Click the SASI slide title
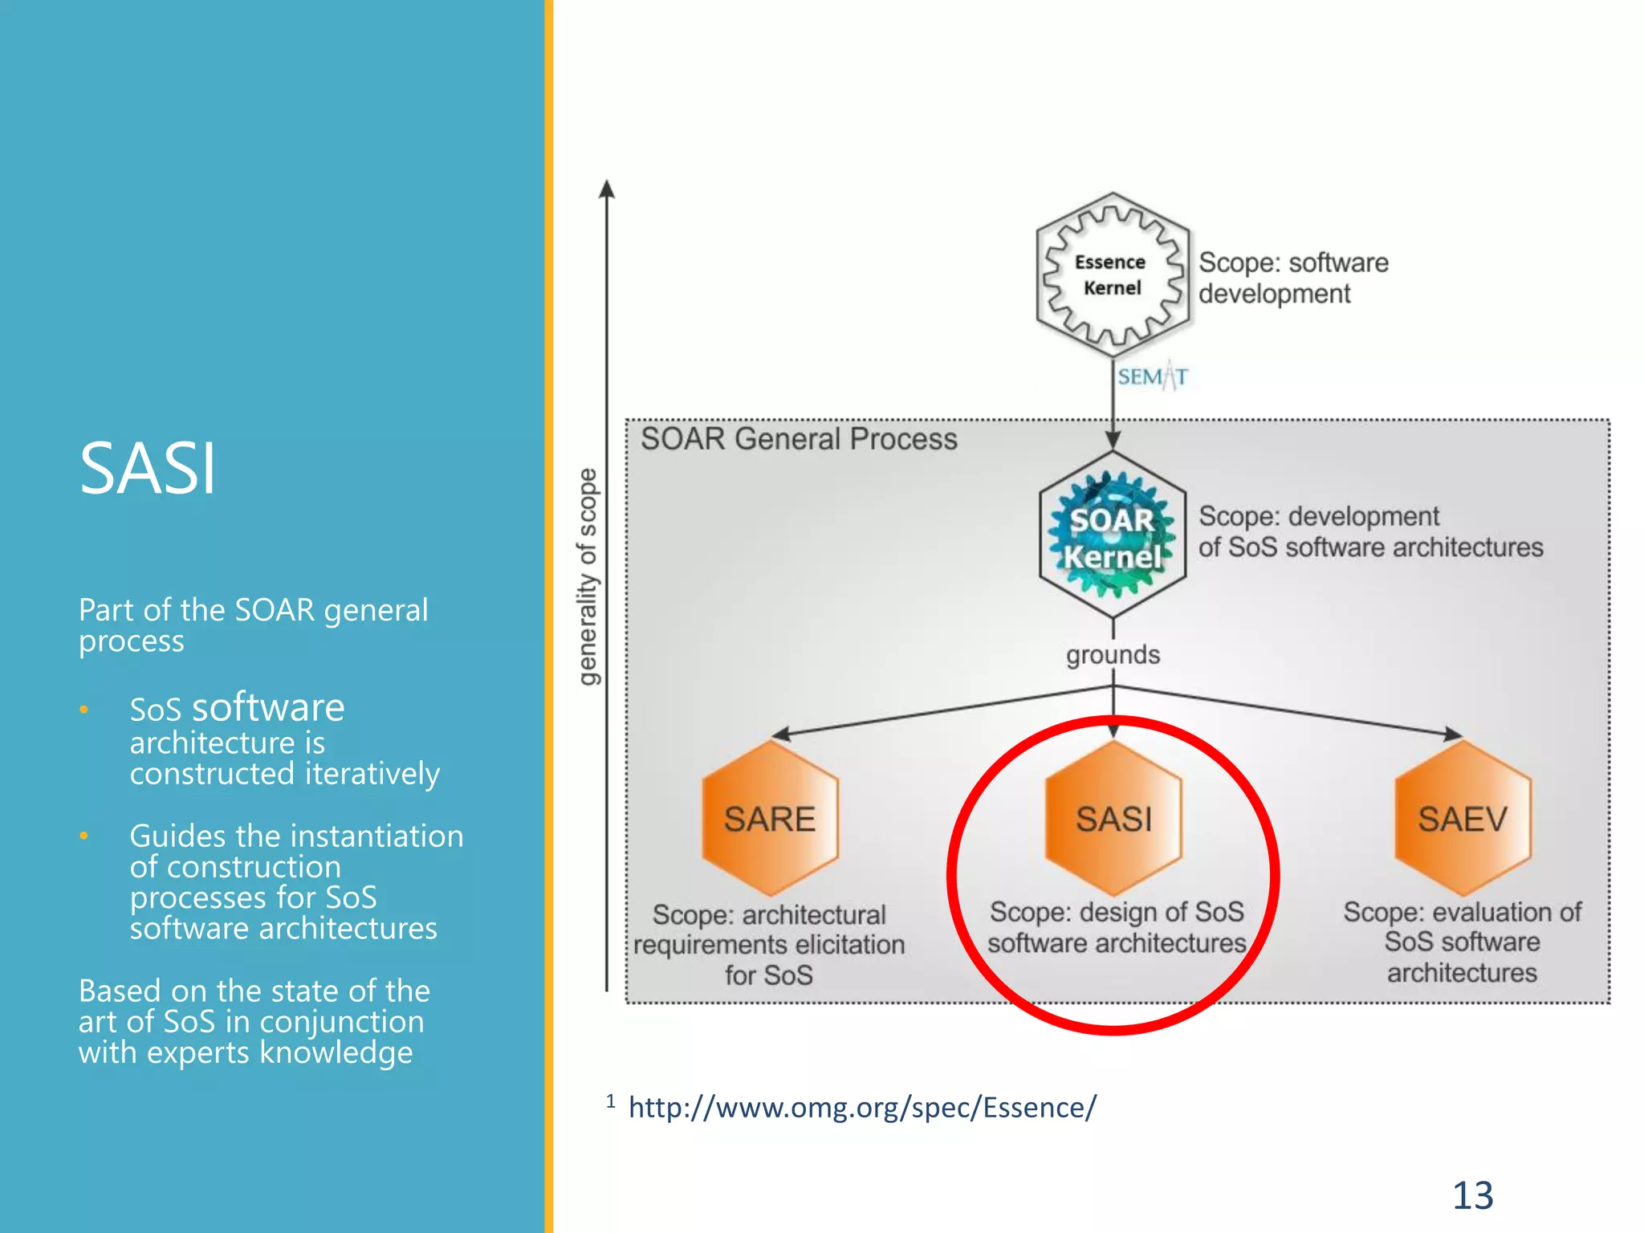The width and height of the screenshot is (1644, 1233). (x=148, y=469)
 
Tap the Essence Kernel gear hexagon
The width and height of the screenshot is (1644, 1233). (x=1112, y=275)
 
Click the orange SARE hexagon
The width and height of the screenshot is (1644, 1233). (x=770, y=819)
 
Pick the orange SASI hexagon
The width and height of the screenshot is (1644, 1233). (x=1113, y=819)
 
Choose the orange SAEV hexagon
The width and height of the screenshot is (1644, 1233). (x=1462, y=819)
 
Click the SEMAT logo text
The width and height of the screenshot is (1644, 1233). (x=1152, y=376)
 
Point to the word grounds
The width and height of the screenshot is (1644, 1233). (x=1113, y=655)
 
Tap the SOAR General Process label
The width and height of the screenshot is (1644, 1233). (x=799, y=439)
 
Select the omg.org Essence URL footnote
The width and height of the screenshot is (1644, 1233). (x=861, y=1108)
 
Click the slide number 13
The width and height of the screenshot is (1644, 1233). (x=1472, y=1195)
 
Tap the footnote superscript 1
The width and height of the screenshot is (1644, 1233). (x=611, y=1101)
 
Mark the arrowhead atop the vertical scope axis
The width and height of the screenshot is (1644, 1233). (x=608, y=189)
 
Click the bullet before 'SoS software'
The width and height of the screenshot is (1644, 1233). (x=83, y=710)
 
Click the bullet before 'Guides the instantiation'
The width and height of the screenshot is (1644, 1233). (x=83, y=836)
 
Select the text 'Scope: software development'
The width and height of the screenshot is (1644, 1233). (x=1292, y=278)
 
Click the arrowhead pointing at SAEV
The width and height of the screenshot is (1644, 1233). (x=1452, y=733)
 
